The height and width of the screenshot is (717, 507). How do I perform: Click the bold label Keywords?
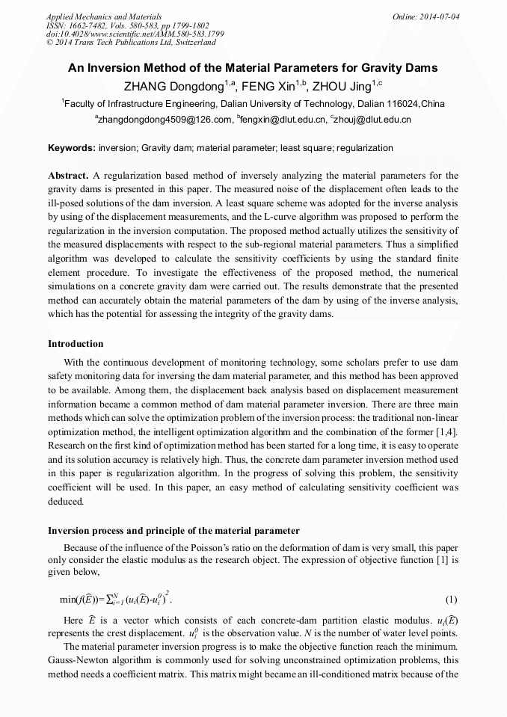[71, 148]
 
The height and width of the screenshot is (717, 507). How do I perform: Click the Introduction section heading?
[76, 344]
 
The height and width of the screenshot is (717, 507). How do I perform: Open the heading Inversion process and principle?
[173, 531]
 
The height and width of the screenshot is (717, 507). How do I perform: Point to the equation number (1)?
[451, 600]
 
